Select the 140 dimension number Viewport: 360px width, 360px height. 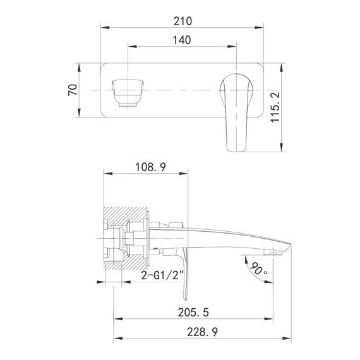[182, 39]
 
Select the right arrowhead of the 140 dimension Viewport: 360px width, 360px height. [233, 45]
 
